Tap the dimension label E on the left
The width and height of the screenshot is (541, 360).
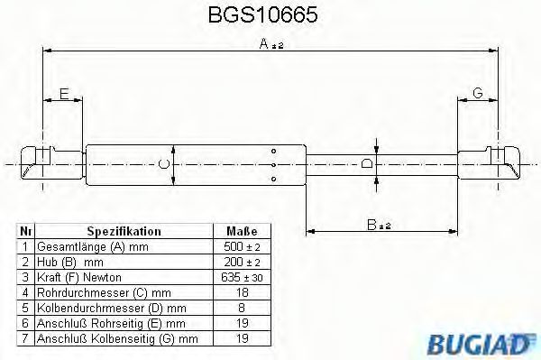63,93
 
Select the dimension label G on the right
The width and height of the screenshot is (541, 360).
478,93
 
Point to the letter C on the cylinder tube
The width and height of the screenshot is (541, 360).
162,163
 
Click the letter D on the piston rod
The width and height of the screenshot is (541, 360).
365,163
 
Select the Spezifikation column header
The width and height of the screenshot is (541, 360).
123,232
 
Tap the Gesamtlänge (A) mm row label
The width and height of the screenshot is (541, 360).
90,246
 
